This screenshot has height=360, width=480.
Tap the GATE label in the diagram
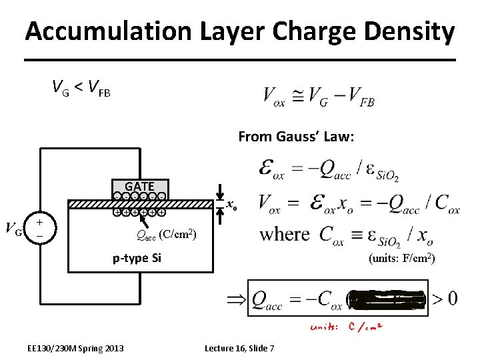point(139,187)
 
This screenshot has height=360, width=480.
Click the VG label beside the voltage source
point(14,231)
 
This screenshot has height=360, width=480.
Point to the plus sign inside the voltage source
point(40,223)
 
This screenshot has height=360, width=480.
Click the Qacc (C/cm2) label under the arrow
point(165,234)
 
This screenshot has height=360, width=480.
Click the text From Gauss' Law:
point(296,137)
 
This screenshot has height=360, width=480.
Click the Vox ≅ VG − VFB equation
point(319,97)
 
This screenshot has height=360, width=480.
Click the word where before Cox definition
point(285,234)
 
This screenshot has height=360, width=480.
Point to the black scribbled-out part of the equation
point(386,298)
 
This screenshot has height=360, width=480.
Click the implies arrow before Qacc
point(236,299)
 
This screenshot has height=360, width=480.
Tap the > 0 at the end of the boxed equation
point(444,298)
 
